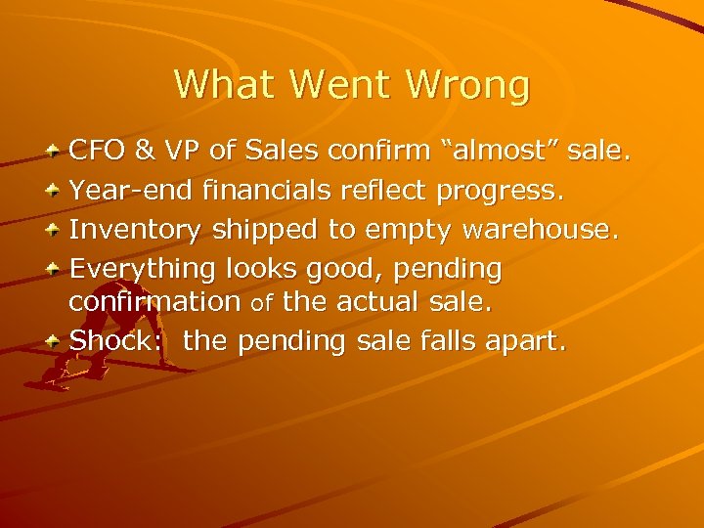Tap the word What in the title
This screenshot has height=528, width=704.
point(226,84)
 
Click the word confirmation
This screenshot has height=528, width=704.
point(154,302)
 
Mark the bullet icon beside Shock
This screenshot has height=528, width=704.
point(55,341)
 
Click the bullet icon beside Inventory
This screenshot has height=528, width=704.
point(55,229)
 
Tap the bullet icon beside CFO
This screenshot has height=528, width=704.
point(55,153)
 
